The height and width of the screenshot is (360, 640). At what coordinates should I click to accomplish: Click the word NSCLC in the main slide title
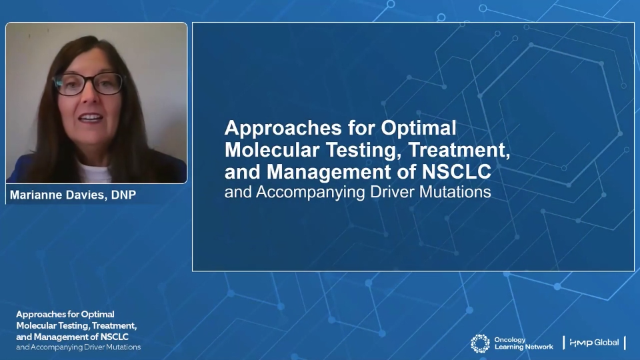pyautogui.click(x=456, y=172)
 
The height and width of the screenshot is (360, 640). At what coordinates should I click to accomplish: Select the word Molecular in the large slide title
pyautogui.click(x=272, y=150)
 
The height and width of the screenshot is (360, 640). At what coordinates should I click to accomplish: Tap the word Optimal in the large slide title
pyautogui.click(x=419, y=129)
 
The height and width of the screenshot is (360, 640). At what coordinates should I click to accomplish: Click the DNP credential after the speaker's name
pyautogui.click(x=124, y=195)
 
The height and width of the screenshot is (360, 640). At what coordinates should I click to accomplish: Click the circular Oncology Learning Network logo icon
pyautogui.click(x=480, y=344)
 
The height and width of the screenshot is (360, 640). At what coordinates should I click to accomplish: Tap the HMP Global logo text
pyautogui.click(x=594, y=343)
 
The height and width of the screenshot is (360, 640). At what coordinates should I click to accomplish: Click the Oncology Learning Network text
pyautogui.click(x=524, y=343)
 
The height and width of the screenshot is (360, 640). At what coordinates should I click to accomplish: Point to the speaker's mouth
pyautogui.click(x=90, y=118)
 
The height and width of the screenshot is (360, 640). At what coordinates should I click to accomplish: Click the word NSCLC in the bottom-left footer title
pyautogui.click(x=114, y=337)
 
